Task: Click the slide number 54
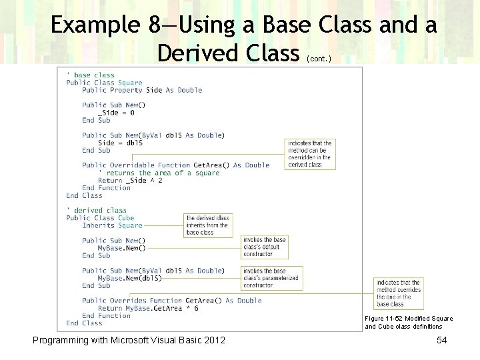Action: point(441,341)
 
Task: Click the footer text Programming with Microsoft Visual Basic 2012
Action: point(129,341)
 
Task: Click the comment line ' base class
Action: point(91,75)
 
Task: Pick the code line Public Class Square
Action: point(104,83)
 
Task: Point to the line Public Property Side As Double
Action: point(141,90)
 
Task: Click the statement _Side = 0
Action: point(116,113)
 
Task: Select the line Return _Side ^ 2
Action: point(130,180)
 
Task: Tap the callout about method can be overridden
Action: point(309,154)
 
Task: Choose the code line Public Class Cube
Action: point(100,218)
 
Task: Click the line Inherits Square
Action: point(112,225)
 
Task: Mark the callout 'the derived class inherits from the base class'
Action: point(207,225)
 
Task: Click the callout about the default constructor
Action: point(265,247)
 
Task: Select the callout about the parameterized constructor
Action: point(272,278)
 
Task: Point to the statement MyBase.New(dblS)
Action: point(129,278)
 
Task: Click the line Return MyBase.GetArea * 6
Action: point(147,308)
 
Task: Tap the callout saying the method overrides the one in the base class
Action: point(398,293)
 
